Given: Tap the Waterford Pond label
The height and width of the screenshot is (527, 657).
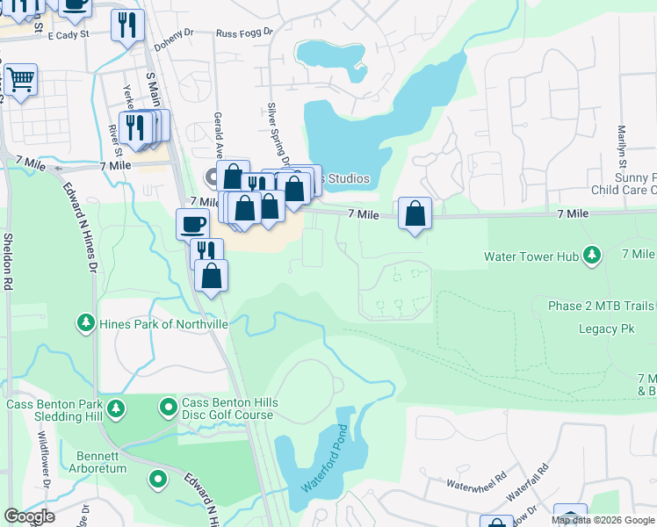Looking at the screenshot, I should pos(326,460).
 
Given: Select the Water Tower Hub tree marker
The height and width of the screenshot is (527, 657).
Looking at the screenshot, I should pos(593,256).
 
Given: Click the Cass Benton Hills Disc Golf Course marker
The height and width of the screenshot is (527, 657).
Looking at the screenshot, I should pos(168,408).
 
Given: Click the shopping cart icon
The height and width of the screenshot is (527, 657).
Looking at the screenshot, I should pos(19,79).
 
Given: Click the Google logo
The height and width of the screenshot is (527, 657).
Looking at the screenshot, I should pos(28,516).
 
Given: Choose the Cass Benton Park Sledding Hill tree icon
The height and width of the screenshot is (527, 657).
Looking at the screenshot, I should pos(114,408).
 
